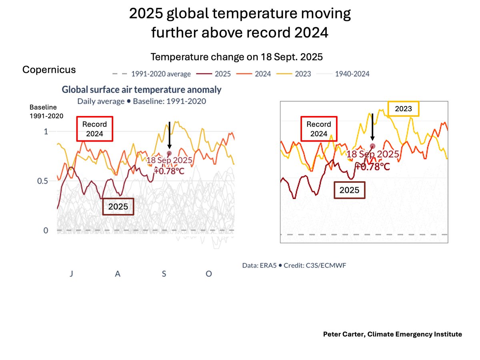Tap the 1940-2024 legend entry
tap(347, 74)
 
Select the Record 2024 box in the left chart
tap(95, 129)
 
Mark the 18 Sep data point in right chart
tap(372, 146)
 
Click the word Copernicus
tap(49, 70)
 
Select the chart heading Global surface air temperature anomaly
tap(141, 90)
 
